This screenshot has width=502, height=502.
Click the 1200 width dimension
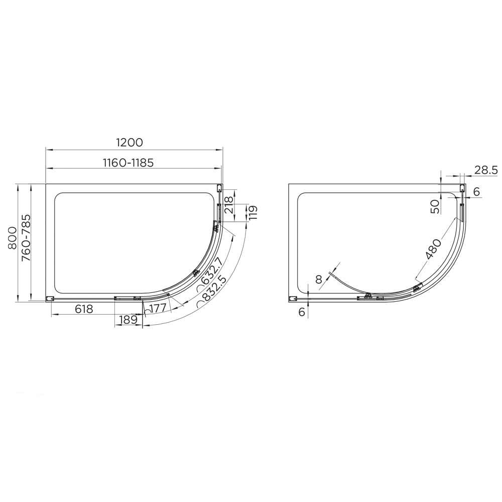(130, 142)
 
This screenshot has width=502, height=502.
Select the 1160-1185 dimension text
(128, 163)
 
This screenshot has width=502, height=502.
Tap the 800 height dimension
(13, 238)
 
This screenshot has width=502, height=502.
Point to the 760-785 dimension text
(26, 238)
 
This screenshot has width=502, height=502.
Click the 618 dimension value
(84, 309)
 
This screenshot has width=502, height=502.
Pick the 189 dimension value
(128, 319)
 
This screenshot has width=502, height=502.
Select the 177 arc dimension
(156, 309)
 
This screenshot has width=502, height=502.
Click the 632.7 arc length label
(210, 274)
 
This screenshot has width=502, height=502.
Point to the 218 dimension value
(229, 205)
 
